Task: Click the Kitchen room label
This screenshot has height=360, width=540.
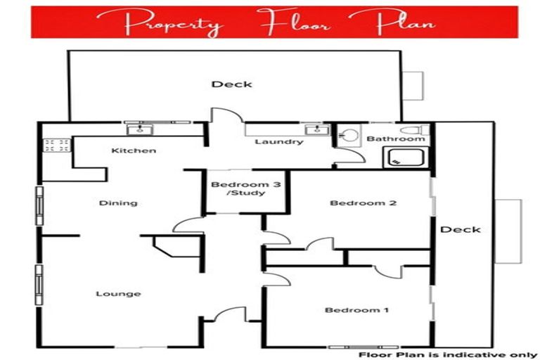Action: coord(134,150)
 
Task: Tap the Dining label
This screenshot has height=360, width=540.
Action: coord(117,203)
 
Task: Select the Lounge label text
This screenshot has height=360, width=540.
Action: coord(118,294)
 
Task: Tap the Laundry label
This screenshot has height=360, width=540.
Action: coord(278,141)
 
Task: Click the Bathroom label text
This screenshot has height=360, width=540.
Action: coord(396,139)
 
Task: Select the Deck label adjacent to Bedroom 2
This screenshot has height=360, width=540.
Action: coord(461,229)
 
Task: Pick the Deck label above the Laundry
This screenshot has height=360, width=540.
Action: coord(232,84)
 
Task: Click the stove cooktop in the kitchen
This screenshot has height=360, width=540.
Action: coord(57,146)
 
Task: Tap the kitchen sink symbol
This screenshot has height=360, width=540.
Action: coord(139,129)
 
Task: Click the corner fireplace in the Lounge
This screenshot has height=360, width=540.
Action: coord(167,247)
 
